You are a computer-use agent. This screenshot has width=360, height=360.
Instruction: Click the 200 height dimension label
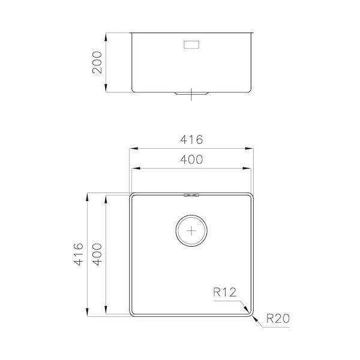tap(98, 62)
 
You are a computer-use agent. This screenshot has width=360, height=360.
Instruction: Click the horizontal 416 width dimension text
tap(192, 140)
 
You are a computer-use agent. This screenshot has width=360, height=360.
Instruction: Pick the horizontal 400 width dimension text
tap(192, 160)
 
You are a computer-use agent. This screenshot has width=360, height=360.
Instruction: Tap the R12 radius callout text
tap(225, 293)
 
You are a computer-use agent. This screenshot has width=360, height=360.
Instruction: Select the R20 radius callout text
tap(278, 320)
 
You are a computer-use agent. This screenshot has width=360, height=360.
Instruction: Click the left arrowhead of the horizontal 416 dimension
tap(133, 148)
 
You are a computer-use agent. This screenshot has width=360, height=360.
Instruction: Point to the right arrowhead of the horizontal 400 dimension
tap(250, 169)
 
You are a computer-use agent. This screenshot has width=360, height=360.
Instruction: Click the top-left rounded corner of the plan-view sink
tap(134, 196)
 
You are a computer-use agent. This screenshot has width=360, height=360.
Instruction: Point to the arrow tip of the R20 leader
tap(253, 315)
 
